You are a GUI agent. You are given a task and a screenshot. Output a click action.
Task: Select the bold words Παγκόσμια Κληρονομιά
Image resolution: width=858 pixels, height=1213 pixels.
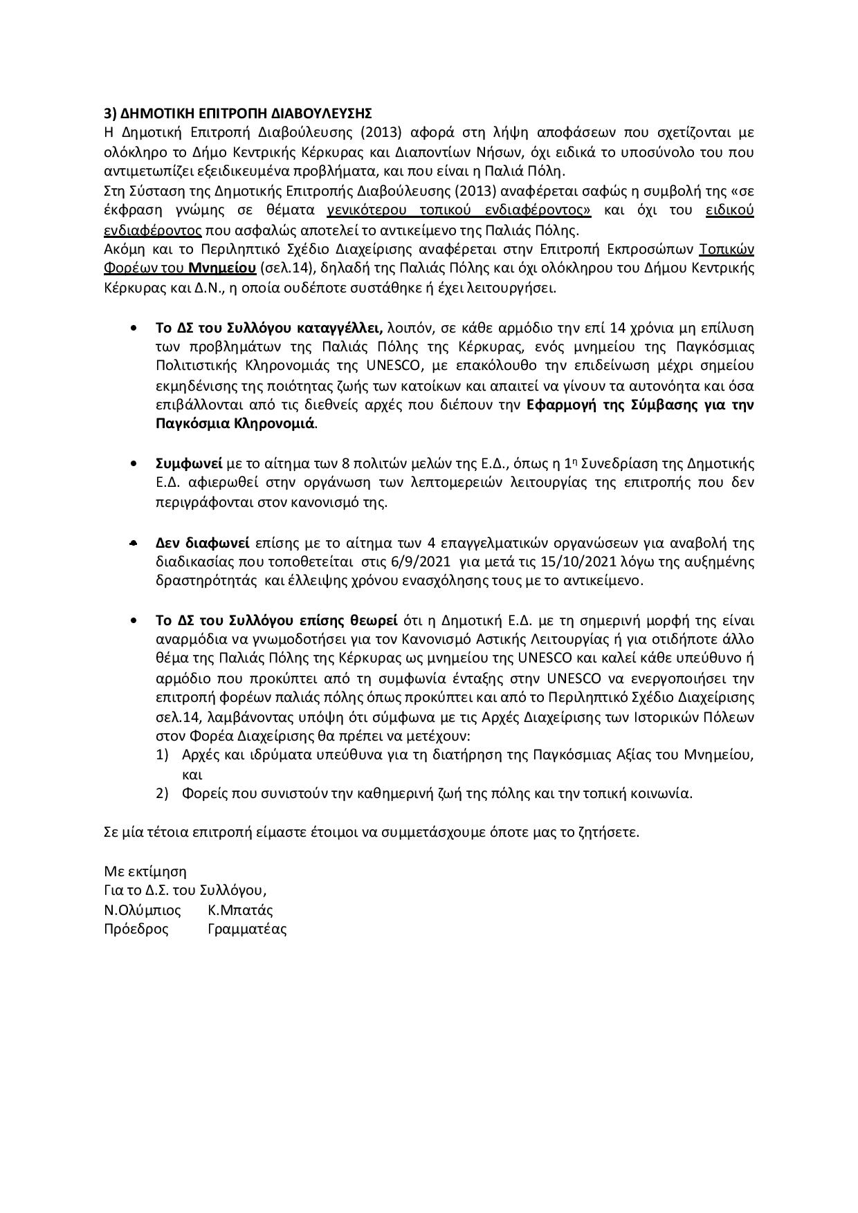click(235, 423)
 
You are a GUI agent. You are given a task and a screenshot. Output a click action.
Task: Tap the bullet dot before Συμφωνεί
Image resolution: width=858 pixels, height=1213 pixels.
click(134, 463)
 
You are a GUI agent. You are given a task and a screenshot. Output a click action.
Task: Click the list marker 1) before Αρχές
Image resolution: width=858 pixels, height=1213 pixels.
click(163, 754)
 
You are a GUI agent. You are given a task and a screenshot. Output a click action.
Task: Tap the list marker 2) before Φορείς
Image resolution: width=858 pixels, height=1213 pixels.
click(163, 793)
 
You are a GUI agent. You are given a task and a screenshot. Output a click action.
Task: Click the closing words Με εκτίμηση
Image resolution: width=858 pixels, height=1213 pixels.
click(145, 871)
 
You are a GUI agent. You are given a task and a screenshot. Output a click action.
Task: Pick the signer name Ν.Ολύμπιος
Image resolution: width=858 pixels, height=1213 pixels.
click(143, 910)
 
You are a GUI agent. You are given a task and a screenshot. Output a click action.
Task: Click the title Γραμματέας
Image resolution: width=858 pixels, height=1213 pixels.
click(247, 929)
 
